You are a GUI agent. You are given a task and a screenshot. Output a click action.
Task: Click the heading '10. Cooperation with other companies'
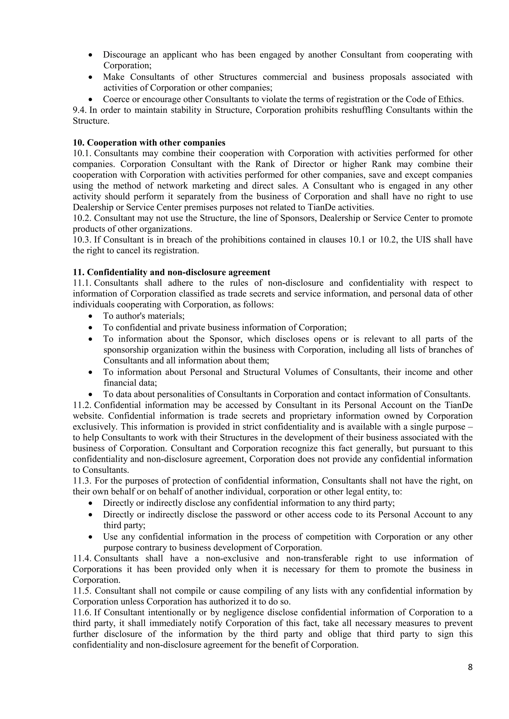point(149,143)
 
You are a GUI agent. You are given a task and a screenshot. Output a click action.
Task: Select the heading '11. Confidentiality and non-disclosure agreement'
point(171,272)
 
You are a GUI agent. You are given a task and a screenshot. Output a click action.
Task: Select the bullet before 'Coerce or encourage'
point(90,100)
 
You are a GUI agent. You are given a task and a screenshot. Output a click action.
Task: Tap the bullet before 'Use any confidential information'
point(90,537)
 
